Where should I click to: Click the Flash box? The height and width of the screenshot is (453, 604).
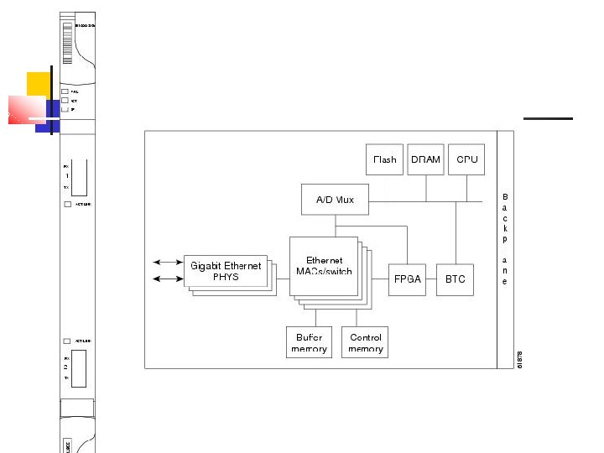click(x=384, y=159)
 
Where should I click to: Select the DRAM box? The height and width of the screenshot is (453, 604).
click(x=425, y=159)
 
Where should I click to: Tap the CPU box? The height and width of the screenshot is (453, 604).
click(x=466, y=159)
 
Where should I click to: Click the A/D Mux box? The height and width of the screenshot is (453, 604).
click(x=335, y=200)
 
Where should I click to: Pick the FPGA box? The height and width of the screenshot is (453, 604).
click(x=408, y=279)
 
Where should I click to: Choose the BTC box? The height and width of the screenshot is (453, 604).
click(x=456, y=279)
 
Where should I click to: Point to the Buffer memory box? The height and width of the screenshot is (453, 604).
click(x=309, y=342)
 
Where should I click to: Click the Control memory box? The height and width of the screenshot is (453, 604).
click(x=365, y=342)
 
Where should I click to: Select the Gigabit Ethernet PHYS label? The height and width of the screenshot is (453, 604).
click(x=226, y=271)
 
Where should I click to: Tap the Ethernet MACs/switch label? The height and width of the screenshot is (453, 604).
click(x=323, y=266)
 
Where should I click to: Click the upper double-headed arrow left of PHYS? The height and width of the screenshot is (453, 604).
click(x=168, y=263)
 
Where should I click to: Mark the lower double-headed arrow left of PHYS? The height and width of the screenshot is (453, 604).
click(x=168, y=279)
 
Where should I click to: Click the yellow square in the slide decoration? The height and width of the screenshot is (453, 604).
click(x=39, y=84)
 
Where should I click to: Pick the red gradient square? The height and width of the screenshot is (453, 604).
click(x=26, y=110)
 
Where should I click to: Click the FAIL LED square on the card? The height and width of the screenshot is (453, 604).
click(x=65, y=91)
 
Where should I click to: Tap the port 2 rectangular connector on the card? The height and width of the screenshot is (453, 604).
click(x=78, y=368)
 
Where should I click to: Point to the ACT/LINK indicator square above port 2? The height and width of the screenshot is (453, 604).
click(x=67, y=341)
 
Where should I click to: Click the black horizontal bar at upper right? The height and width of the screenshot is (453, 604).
click(x=548, y=118)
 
